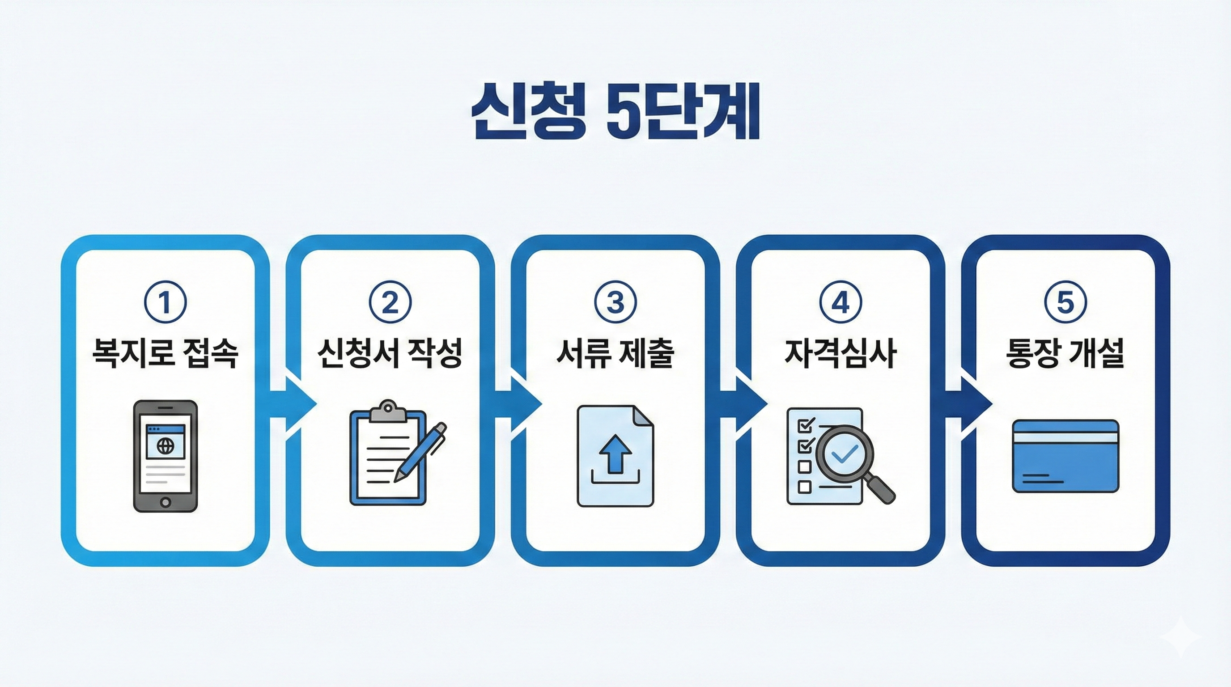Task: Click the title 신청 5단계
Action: (x=615, y=117)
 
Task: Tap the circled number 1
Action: (x=166, y=302)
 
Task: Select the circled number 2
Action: (x=391, y=302)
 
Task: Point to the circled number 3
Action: (x=615, y=302)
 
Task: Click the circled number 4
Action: (x=840, y=302)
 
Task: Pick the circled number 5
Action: (x=1065, y=302)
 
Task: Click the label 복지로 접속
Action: (x=166, y=353)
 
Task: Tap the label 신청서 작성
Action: (x=391, y=353)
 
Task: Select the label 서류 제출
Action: (x=615, y=353)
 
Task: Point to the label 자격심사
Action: (x=840, y=353)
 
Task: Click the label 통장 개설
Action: (x=1065, y=353)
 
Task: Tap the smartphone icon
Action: (x=166, y=456)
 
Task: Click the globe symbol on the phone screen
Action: (x=166, y=447)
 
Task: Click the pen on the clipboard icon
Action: (x=420, y=451)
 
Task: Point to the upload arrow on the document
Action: (x=615, y=453)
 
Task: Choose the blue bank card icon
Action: (x=1065, y=456)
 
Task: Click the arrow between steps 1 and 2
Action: (x=293, y=404)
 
